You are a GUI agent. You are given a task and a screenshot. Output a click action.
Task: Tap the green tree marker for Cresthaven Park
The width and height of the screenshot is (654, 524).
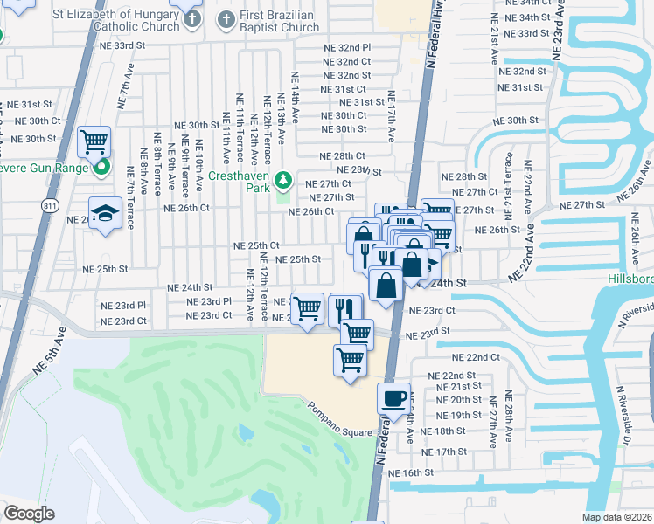pos(282,181)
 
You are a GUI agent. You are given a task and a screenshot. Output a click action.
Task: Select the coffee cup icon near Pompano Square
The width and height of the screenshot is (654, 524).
pos(392,397)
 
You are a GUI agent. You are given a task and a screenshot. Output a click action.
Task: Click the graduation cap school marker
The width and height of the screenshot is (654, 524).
pos(104,213)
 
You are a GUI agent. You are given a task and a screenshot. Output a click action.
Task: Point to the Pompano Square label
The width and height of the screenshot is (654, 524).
pos(339,408)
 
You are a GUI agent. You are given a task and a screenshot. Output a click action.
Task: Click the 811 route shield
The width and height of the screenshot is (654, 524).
pos(51,204)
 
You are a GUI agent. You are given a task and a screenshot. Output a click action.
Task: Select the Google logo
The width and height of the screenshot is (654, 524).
pos(29,514)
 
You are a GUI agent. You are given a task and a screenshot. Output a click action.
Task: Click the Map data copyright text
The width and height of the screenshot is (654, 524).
pos(617,517)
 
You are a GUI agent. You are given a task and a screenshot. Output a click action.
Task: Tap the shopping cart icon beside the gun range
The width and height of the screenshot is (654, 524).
pos(94,141)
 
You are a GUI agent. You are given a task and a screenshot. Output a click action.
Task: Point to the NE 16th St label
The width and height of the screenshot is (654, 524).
pos(411,472)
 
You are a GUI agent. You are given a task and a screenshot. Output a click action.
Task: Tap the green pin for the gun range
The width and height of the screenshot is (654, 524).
pos(102,167)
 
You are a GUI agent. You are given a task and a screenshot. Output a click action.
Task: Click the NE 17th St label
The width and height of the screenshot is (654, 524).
pos(444,452)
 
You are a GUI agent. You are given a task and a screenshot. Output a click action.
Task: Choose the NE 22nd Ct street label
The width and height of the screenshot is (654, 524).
pos(476,358)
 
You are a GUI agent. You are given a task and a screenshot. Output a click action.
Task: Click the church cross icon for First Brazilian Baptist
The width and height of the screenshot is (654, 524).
pos(226,19)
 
